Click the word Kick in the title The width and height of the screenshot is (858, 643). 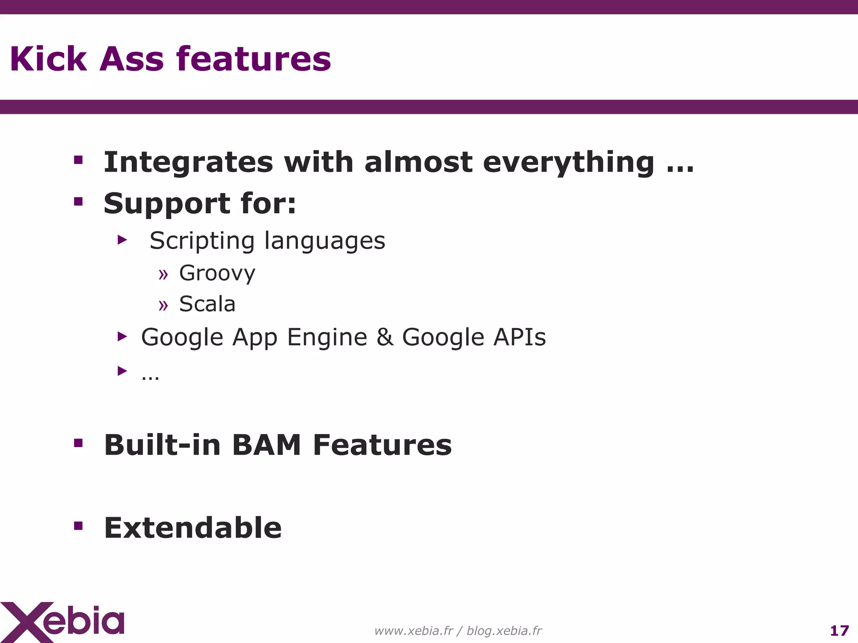point(48,59)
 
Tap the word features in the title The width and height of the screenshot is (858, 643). point(253,59)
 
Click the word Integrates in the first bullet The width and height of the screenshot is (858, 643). point(188,162)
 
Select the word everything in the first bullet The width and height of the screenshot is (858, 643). point(569,162)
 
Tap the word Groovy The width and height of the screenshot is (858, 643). point(217,273)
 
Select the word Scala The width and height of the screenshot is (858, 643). point(207,304)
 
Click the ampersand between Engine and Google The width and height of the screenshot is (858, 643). point(385,337)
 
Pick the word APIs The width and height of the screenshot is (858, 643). point(519,337)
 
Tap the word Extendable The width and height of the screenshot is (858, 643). point(193,528)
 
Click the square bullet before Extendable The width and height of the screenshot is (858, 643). point(78,526)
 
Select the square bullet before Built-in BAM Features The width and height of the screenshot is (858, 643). point(78,443)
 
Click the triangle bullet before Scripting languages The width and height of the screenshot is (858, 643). point(122,240)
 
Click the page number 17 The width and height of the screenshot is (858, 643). point(839,630)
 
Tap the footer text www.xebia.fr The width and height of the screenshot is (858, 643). point(413,630)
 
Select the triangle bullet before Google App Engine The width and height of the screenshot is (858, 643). point(122,336)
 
